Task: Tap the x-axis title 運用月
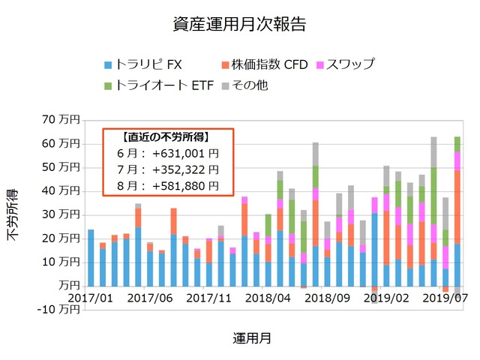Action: (252, 338)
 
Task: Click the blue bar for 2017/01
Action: (91, 258)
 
